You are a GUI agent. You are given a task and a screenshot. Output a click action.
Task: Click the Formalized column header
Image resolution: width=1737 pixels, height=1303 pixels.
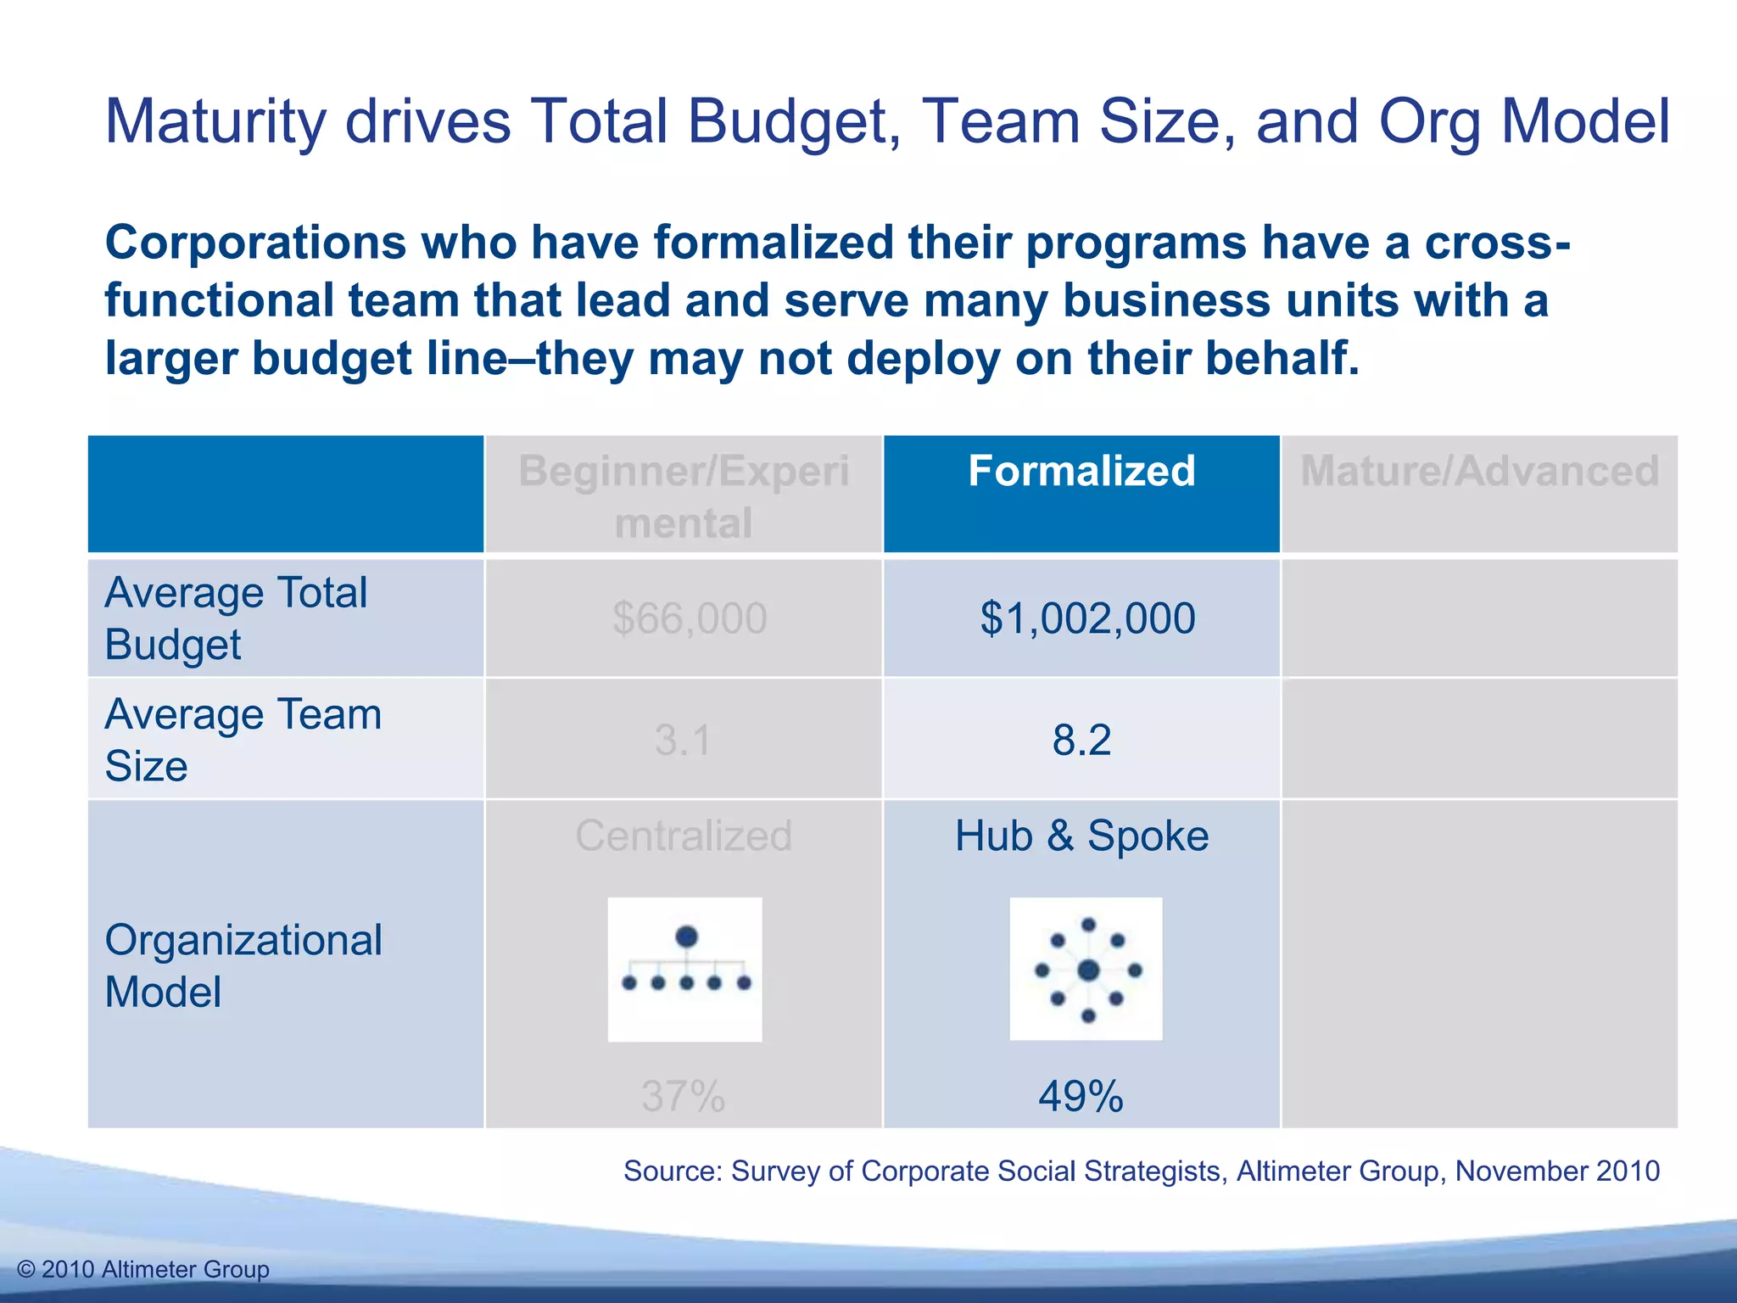click(x=1081, y=472)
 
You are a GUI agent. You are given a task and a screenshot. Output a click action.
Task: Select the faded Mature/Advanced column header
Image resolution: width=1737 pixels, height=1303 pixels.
click(x=1479, y=472)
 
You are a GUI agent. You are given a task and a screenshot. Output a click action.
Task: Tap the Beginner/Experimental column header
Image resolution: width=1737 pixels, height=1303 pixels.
click(x=684, y=496)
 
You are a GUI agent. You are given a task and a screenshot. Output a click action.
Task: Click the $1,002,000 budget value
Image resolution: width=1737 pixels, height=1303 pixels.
click(x=1087, y=618)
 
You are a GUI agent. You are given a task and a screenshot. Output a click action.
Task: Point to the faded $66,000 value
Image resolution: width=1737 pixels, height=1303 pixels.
click(x=690, y=618)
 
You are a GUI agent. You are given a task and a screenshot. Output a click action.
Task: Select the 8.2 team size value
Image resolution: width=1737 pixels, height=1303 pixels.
click(x=1081, y=740)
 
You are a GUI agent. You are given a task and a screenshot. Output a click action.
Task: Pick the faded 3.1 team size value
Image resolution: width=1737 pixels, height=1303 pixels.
click(x=683, y=740)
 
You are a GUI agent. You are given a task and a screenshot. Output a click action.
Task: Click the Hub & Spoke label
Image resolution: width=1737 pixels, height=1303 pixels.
click(x=1081, y=836)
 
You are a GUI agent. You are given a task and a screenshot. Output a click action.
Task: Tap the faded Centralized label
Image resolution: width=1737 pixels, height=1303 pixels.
click(x=684, y=836)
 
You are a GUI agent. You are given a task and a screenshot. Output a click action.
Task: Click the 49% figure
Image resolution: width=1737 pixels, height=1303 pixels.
click(x=1081, y=1097)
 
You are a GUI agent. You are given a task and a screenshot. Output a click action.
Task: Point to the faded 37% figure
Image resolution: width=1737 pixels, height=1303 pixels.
click(x=683, y=1097)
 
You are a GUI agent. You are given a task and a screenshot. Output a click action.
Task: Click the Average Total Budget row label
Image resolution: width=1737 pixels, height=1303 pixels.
click(x=235, y=618)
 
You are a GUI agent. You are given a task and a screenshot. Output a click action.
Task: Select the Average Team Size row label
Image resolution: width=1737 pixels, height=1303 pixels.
click(x=243, y=740)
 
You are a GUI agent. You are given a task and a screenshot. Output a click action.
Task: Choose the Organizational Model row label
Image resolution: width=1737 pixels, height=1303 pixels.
click(x=243, y=965)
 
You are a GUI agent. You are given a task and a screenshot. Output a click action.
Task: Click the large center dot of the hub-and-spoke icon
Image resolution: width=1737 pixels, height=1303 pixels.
click(x=1088, y=970)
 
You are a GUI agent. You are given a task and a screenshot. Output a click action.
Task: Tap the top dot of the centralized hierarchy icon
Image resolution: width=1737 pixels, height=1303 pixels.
click(x=686, y=937)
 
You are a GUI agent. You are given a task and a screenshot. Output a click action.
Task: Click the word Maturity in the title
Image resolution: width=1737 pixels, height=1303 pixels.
click(x=215, y=123)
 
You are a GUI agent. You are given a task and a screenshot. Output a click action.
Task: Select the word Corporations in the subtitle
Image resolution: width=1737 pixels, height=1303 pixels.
click(x=255, y=243)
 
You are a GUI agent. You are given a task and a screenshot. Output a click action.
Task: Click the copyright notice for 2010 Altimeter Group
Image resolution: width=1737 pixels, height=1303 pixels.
click(x=143, y=1270)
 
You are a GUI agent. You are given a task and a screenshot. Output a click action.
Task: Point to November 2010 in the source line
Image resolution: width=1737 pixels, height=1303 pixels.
click(x=1557, y=1172)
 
